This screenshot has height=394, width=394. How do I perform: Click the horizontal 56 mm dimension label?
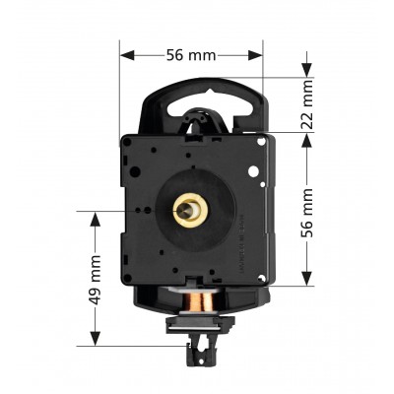[x=191, y=55]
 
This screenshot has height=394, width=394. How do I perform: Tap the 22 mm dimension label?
[x=307, y=104]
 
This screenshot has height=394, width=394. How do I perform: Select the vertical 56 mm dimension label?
[x=307, y=213]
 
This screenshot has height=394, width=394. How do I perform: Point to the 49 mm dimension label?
[x=96, y=280]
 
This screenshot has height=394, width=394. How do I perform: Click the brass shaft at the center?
[x=186, y=211]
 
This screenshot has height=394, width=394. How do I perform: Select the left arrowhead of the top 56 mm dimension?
[x=127, y=55]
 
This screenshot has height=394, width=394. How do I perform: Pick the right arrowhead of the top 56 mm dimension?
[x=255, y=55]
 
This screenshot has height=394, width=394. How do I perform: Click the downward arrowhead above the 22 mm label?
[x=307, y=70]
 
